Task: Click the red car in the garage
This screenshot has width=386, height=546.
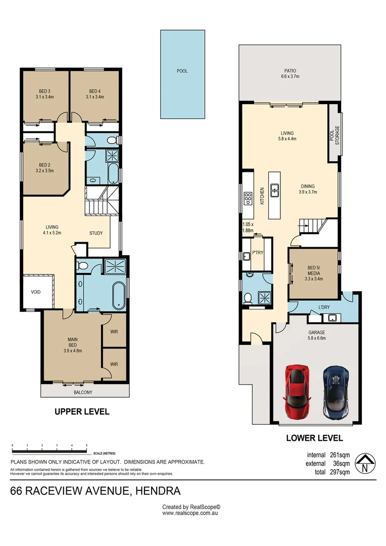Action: tap(297, 391)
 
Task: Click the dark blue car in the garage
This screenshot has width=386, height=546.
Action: tap(336, 392)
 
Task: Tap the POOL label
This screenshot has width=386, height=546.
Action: tap(182, 71)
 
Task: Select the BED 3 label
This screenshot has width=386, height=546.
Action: tap(44, 91)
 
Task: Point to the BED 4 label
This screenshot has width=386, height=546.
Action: tap(94, 91)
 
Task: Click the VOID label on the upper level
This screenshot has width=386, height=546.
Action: tap(36, 292)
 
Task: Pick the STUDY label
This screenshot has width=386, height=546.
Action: tap(96, 233)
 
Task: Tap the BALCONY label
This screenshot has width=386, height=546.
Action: tap(83, 392)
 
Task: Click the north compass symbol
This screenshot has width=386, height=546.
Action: tap(365, 464)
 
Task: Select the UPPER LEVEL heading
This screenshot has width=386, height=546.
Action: tap(82, 412)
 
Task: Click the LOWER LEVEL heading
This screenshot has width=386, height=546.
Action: tap(315, 438)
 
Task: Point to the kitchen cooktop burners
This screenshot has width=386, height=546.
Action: tap(248, 198)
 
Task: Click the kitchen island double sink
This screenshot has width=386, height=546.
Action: tap(275, 190)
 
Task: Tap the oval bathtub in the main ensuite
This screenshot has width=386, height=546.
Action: tap(119, 296)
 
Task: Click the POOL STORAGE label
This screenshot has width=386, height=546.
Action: tap(334, 135)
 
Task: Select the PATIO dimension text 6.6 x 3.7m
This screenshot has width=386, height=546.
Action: tap(290, 76)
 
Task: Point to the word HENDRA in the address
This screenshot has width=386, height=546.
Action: tap(158, 491)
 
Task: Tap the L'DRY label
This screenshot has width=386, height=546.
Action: tap(324, 307)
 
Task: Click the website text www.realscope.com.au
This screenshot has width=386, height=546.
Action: tap(190, 513)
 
